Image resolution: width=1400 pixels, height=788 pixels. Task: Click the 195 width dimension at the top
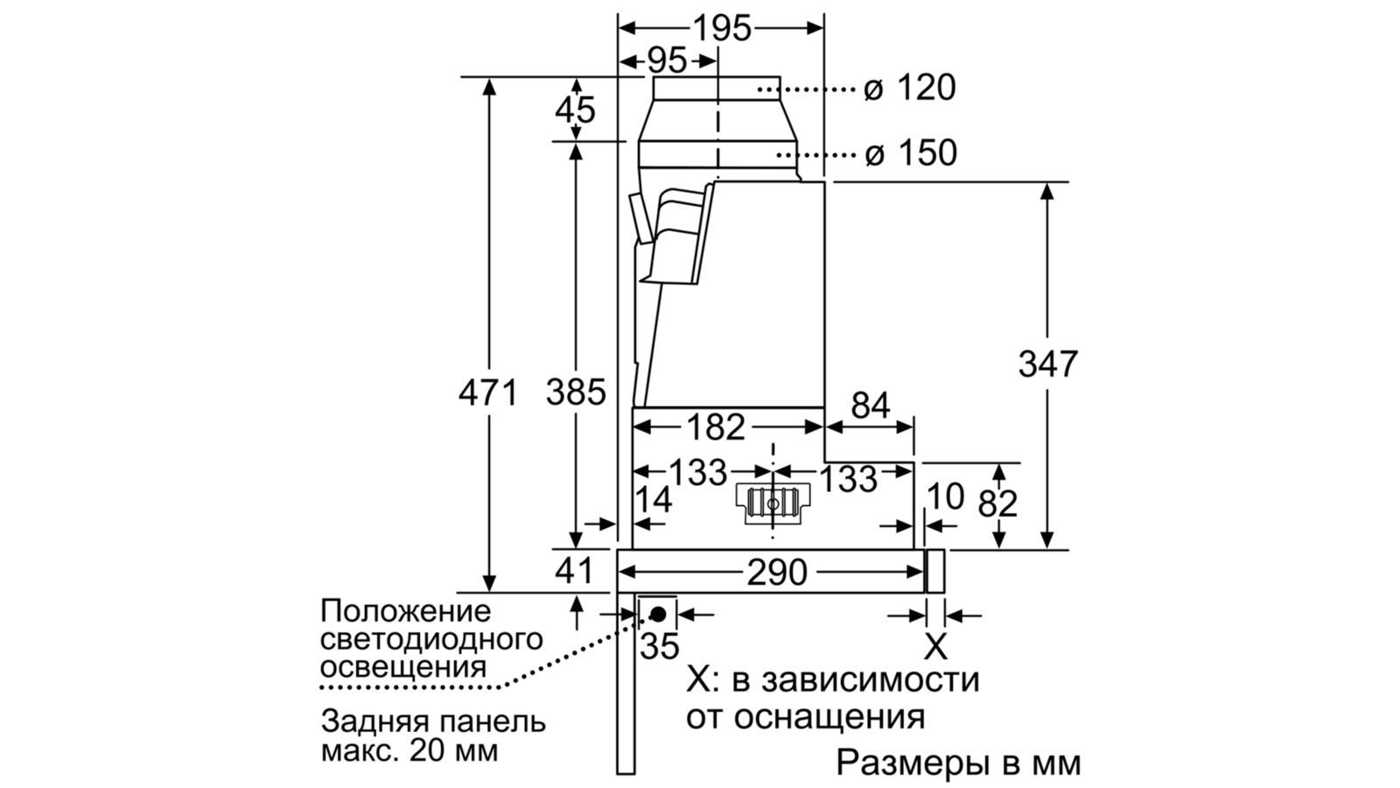click(722, 28)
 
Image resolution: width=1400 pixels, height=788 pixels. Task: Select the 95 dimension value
click(667, 61)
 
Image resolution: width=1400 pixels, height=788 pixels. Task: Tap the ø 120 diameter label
click(910, 88)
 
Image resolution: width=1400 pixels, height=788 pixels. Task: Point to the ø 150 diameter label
click(911, 152)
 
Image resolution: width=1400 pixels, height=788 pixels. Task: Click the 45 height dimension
click(575, 110)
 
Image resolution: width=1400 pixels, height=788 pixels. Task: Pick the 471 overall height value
click(488, 393)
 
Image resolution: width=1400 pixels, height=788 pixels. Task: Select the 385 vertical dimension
click(577, 393)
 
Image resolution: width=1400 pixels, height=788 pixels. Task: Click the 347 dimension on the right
click(1048, 364)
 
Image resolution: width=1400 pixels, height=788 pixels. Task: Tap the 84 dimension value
click(871, 405)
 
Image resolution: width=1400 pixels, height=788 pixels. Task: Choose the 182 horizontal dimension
click(717, 427)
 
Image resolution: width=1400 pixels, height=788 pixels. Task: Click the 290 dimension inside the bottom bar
click(778, 573)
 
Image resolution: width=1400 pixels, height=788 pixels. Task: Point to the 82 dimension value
click(997, 503)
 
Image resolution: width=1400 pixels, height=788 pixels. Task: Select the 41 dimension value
click(574, 571)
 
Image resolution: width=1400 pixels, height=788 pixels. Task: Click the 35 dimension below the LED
click(660, 645)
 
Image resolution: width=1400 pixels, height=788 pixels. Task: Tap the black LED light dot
click(657, 614)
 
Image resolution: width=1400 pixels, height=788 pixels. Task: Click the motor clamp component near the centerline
click(773, 503)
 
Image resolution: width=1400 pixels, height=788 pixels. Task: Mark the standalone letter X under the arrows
click(935, 646)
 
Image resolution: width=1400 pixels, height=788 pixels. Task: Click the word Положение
click(406, 611)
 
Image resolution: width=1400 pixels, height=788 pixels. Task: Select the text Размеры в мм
click(959, 763)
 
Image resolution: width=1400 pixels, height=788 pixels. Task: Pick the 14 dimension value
click(653, 499)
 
